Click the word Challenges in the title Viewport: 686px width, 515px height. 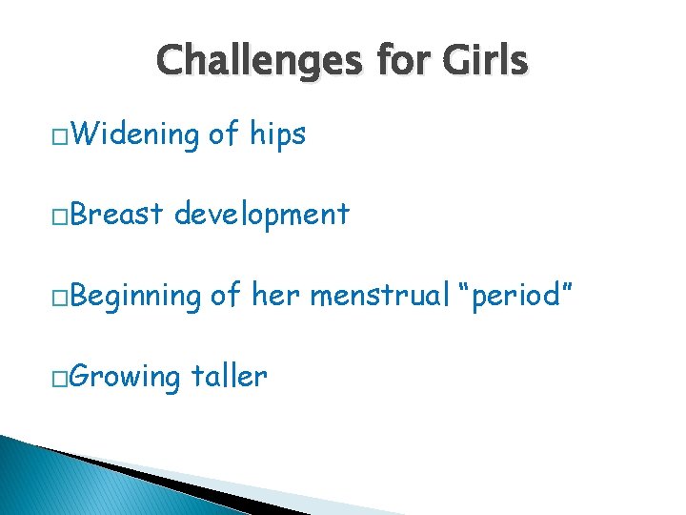click(257, 61)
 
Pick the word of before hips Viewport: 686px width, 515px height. click(224, 134)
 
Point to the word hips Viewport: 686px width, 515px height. click(277, 135)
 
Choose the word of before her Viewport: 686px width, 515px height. click(226, 296)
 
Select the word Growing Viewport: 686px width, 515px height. click(126, 378)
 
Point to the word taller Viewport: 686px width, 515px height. click(229, 376)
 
